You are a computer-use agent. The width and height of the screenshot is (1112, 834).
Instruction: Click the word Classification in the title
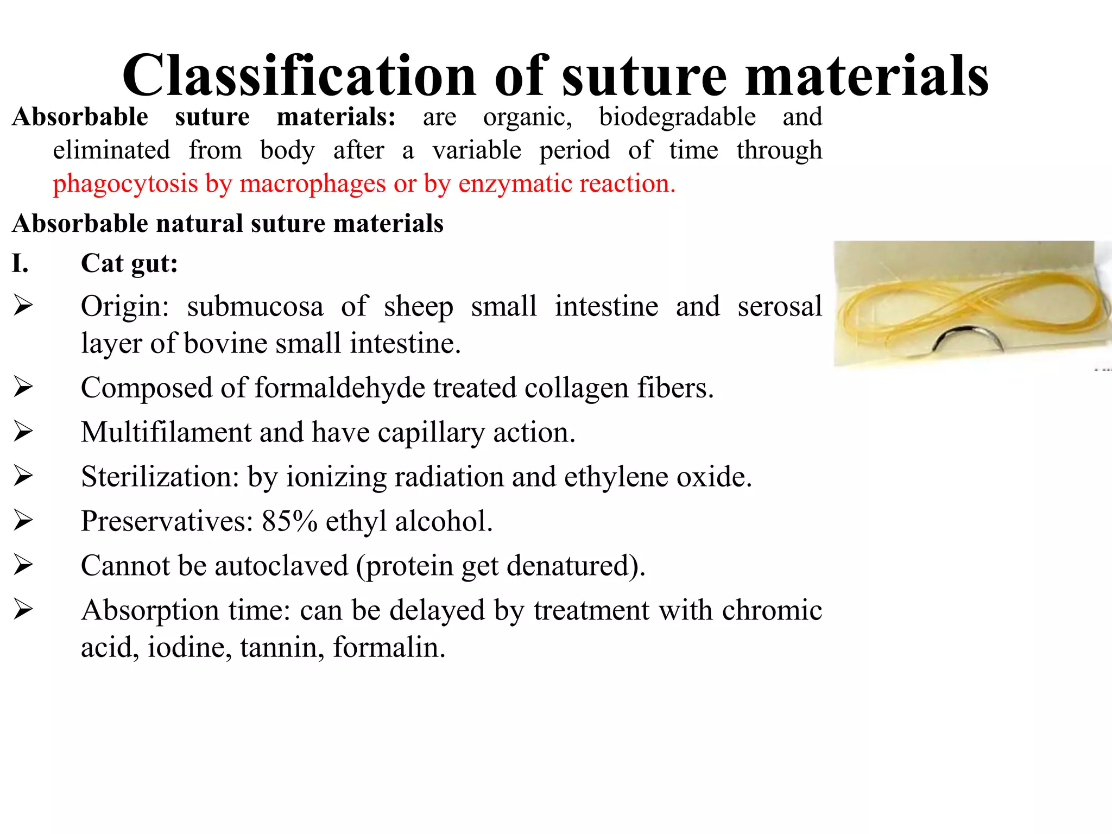[x=299, y=76]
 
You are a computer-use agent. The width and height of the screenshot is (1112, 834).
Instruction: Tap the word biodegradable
[x=677, y=117]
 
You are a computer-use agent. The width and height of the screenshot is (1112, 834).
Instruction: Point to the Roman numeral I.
[x=20, y=264]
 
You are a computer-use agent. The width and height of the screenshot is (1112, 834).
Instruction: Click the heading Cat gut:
[x=129, y=264]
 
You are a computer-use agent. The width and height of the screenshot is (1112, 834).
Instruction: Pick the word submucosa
[x=255, y=307]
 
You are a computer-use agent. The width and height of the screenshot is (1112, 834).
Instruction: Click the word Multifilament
[x=166, y=433]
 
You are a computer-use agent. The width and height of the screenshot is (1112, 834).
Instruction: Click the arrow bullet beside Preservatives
[x=23, y=521]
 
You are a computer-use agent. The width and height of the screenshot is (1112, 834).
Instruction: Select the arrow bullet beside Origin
[x=23, y=306]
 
